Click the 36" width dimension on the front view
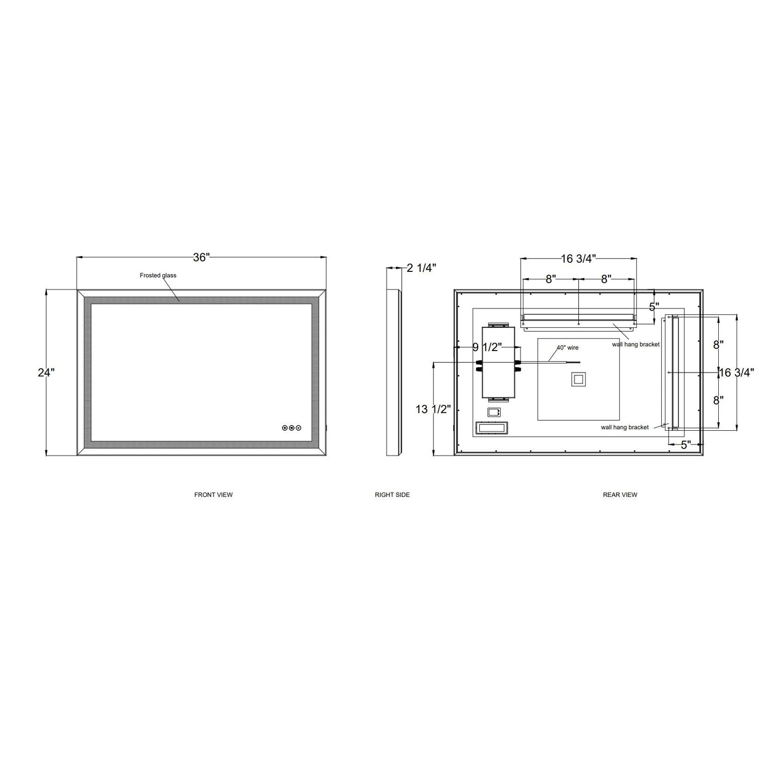201,257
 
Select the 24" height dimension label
46,372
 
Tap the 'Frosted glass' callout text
158,275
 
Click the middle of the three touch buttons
292,428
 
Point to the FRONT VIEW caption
213,495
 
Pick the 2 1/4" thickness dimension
421,268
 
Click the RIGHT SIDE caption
392,495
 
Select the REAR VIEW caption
620,495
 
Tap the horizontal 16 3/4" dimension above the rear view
578,259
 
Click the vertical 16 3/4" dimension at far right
737,372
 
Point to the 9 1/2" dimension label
487,347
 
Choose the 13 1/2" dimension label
433,409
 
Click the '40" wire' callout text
567,348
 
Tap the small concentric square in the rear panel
578,379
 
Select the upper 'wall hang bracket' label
635,345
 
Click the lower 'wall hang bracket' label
625,427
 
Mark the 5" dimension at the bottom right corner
685,445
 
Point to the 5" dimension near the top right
654,307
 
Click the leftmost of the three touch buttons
285,428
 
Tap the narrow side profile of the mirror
394,372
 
